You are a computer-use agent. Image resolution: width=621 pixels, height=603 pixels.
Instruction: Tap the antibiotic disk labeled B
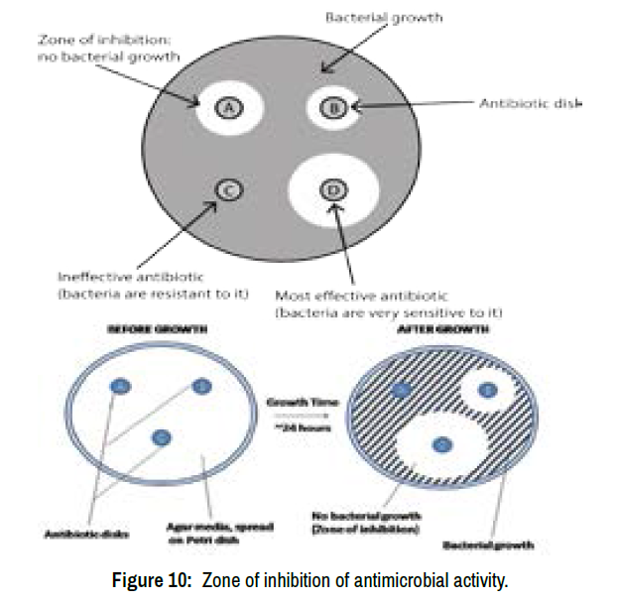335,108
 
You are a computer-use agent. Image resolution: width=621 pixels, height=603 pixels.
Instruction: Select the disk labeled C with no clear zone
226,189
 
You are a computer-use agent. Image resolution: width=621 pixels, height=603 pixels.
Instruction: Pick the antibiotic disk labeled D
334,189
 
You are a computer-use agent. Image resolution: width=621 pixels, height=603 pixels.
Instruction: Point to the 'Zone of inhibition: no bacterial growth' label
108,48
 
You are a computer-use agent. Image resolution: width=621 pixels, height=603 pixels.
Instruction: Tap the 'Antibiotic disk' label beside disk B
530,103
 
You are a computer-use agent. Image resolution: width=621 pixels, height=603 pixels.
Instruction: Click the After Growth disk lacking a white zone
402,392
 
